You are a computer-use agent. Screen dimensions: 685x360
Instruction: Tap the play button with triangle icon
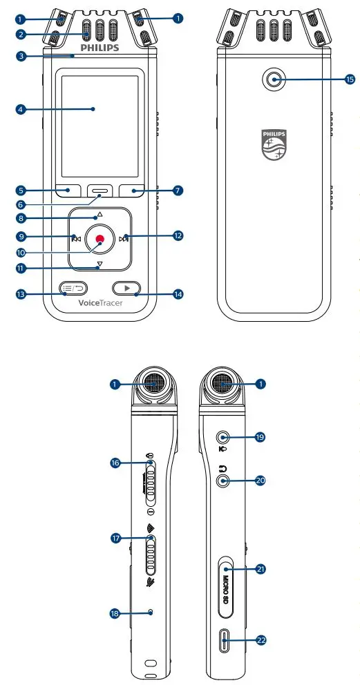(126, 288)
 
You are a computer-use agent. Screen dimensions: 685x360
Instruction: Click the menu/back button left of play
(73, 288)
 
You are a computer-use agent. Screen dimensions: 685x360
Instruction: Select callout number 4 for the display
(21, 108)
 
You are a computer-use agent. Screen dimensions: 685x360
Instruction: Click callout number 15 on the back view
(350, 80)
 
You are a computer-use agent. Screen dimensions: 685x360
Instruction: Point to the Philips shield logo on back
(274, 144)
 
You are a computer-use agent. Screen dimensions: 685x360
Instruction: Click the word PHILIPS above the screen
(100, 48)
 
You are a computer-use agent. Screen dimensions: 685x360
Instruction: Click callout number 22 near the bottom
(261, 640)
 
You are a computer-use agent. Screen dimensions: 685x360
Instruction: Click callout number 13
(21, 293)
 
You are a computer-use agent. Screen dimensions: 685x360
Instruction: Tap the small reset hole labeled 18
(151, 612)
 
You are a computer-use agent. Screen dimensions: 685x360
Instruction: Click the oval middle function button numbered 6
(100, 191)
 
